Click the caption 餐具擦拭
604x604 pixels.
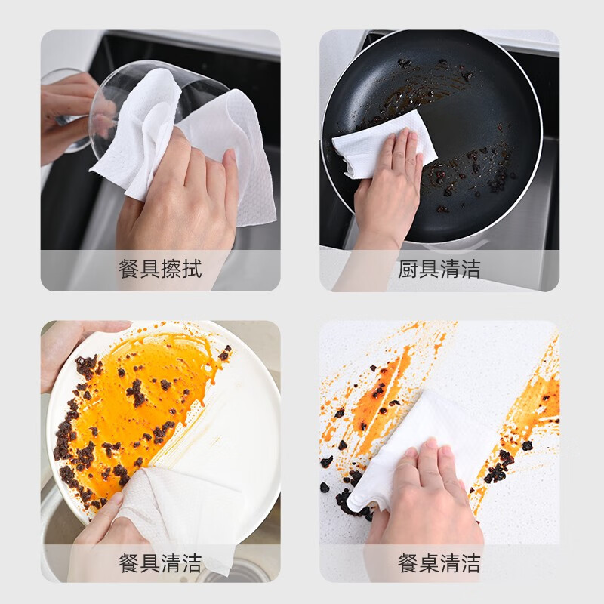pyautogui.click(x=160, y=270)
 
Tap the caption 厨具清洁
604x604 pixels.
pyautogui.click(x=439, y=270)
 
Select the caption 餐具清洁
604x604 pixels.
pyautogui.click(x=160, y=562)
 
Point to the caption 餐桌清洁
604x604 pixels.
pyautogui.click(x=439, y=562)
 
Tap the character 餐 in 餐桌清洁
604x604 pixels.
pyautogui.click(x=408, y=562)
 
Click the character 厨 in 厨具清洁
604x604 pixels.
pyautogui.click(x=408, y=270)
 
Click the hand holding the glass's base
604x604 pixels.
pyautogui.click(x=68, y=113)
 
